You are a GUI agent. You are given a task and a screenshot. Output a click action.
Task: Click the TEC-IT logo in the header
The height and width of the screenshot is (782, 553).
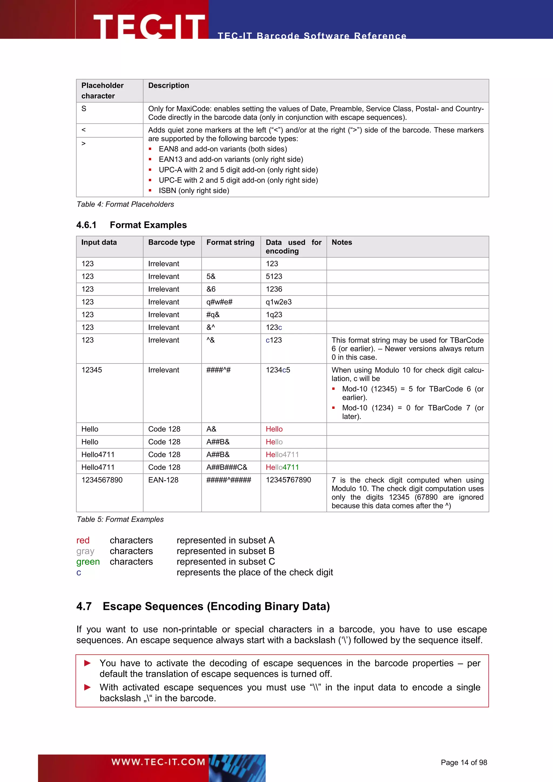click(149, 26)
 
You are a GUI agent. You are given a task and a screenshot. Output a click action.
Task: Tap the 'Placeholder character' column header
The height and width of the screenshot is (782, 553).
click(102, 91)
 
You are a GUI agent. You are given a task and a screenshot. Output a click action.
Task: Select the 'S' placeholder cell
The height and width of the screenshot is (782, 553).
click(84, 109)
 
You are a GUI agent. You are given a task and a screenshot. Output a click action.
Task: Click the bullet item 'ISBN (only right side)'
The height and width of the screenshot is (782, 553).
click(194, 191)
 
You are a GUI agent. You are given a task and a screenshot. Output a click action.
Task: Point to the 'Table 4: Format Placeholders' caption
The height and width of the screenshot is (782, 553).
click(125, 204)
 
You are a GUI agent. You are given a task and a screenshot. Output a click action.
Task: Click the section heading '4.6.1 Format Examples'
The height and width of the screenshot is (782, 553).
click(131, 225)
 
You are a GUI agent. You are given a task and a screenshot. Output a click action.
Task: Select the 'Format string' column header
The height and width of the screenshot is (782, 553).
click(230, 242)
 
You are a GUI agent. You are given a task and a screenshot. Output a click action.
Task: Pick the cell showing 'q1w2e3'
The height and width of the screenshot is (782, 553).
click(279, 302)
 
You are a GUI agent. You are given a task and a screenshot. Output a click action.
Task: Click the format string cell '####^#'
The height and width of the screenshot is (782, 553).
click(218, 370)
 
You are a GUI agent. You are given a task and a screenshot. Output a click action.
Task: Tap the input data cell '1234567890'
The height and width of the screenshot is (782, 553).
click(102, 480)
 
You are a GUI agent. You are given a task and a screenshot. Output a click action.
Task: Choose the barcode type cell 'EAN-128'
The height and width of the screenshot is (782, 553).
click(163, 480)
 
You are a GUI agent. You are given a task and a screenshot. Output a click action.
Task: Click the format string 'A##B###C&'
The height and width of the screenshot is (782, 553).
click(227, 468)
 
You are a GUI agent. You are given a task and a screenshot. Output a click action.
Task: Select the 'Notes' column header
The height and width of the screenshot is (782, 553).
click(342, 242)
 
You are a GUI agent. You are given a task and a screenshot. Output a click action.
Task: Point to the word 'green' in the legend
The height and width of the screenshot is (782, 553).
click(88, 562)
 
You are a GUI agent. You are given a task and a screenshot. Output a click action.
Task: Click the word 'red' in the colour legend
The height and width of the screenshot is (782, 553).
click(83, 541)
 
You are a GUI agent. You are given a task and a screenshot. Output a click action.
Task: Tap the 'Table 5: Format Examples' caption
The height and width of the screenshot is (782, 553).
click(120, 520)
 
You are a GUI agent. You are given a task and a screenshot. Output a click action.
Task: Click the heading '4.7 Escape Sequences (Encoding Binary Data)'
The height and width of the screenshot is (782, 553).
click(203, 606)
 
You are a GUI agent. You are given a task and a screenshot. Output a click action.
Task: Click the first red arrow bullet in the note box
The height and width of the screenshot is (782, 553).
click(87, 663)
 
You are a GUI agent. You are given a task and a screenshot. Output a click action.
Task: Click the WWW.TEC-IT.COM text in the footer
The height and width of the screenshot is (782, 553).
click(158, 762)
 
